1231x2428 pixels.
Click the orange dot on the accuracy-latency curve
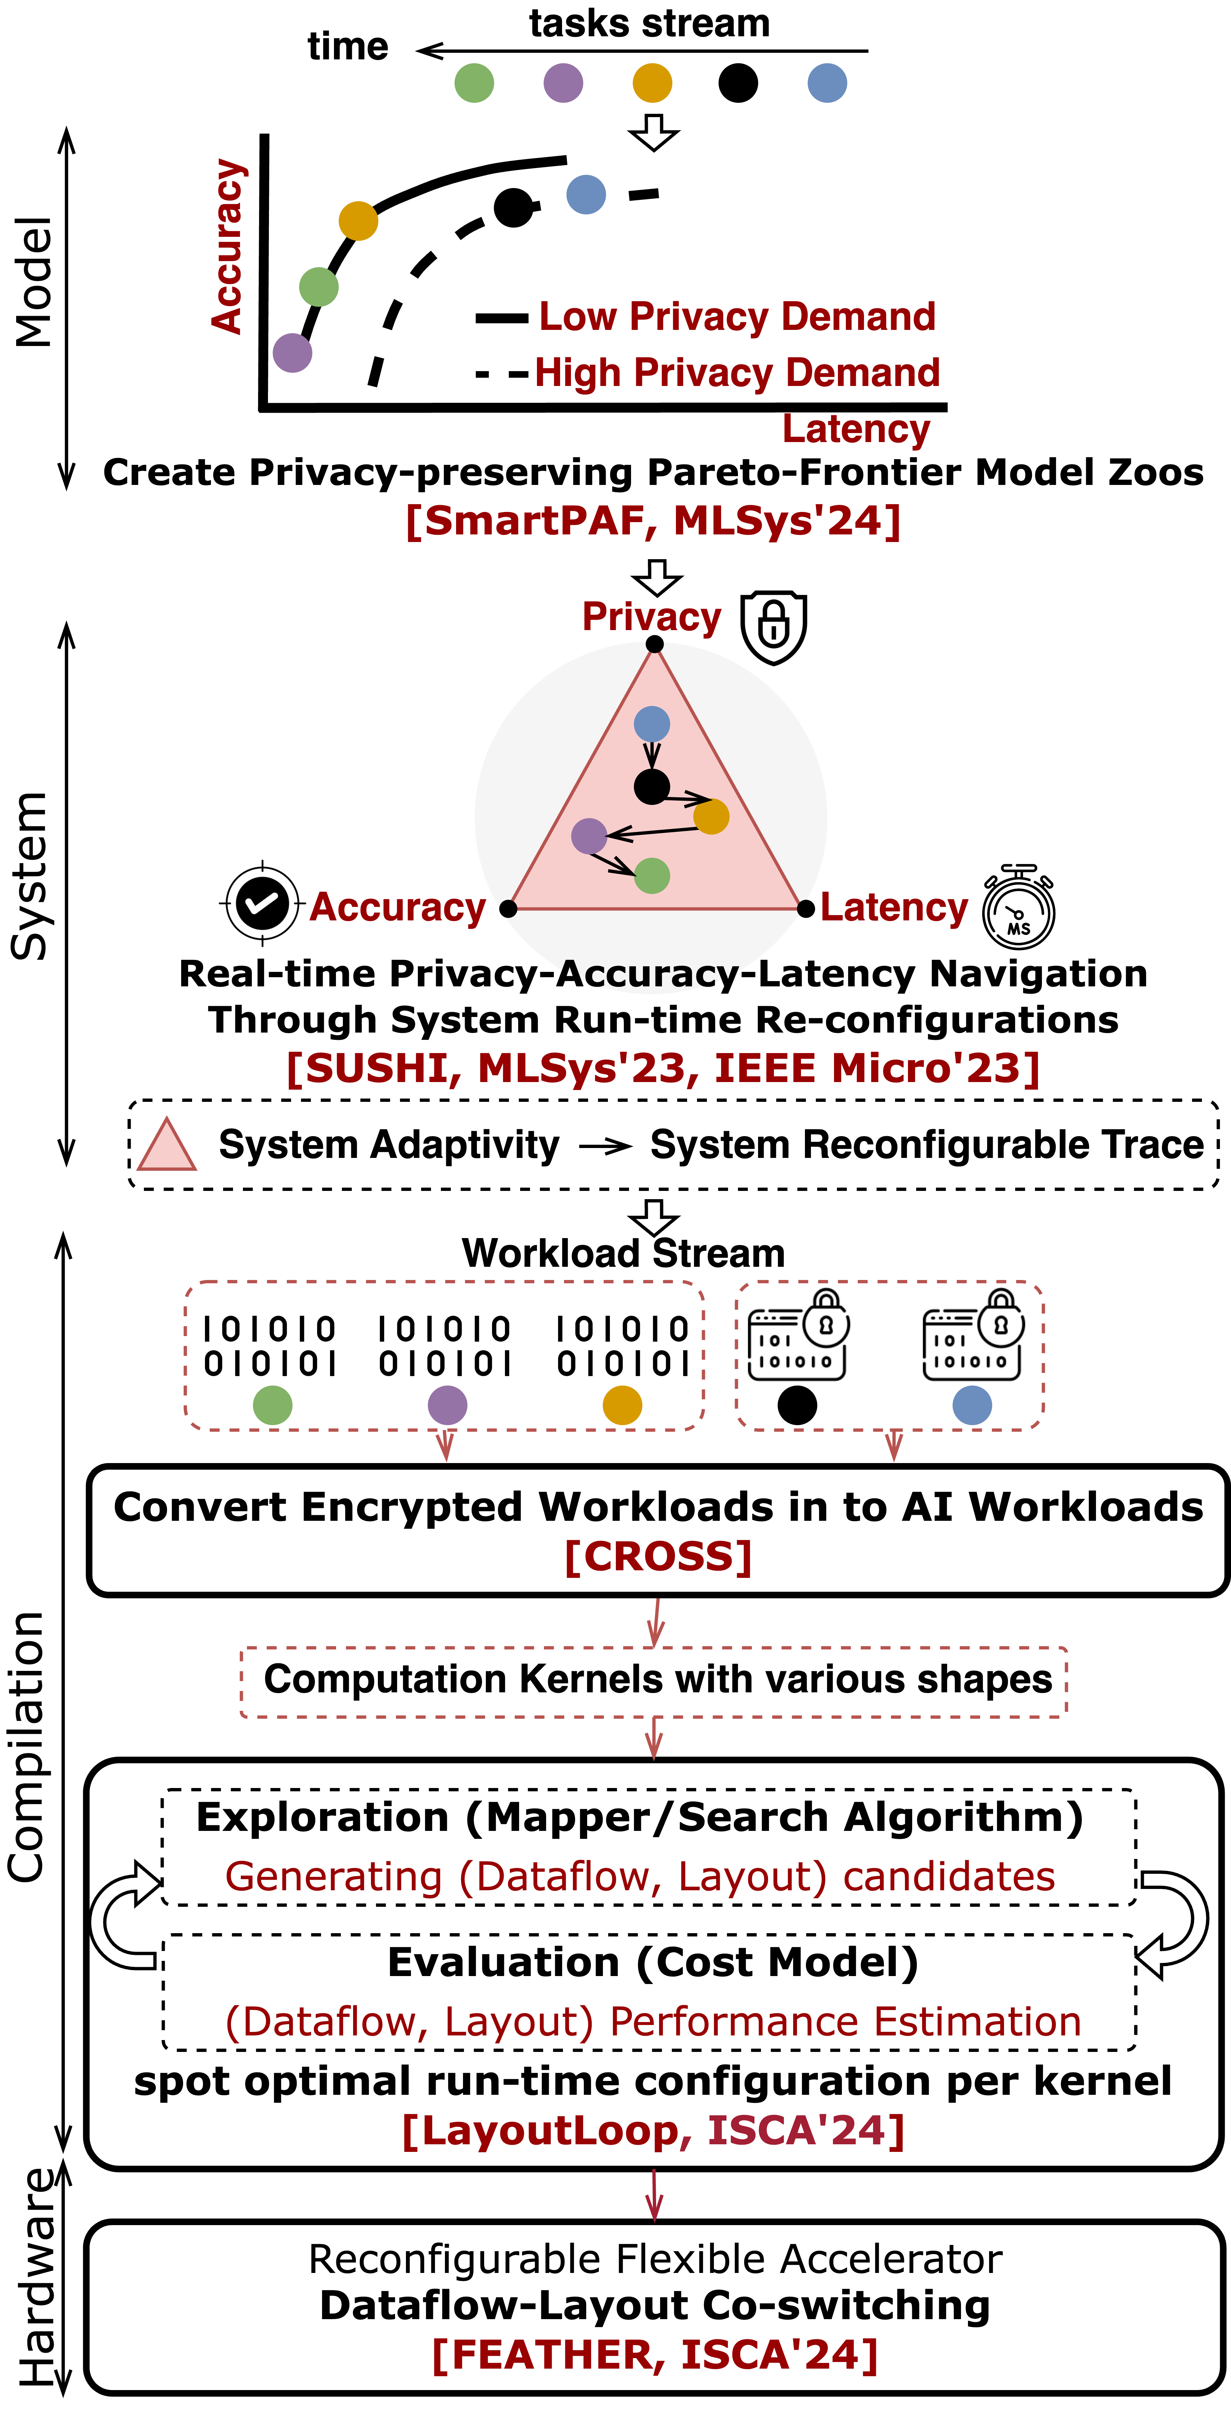click(x=358, y=221)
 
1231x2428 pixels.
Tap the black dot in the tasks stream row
click(x=738, y=83)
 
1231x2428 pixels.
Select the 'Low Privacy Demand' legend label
click(x=737, y=317)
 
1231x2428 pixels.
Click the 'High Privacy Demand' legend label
click(x=737, y=373)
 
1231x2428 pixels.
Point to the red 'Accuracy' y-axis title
click(x=227, y=247)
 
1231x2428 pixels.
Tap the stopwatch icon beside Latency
click(x=1019, y=907)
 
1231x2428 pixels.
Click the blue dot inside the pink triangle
click(x=651, y=724)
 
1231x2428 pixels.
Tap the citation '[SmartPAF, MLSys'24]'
click(x=653, y=520)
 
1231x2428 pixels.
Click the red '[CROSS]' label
click(x=658, y=1556)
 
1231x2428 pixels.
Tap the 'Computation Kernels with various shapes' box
click(x=654, y=1682)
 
